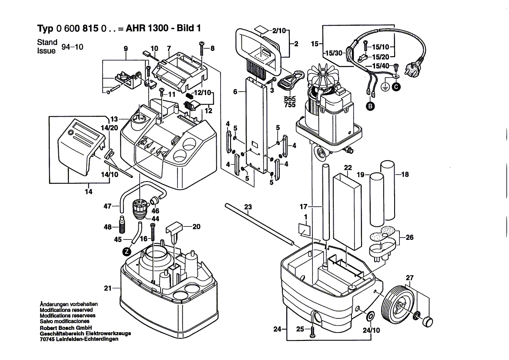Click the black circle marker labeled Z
coord(126,251)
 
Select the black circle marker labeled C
coord(396,87)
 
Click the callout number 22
coord(348,167)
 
